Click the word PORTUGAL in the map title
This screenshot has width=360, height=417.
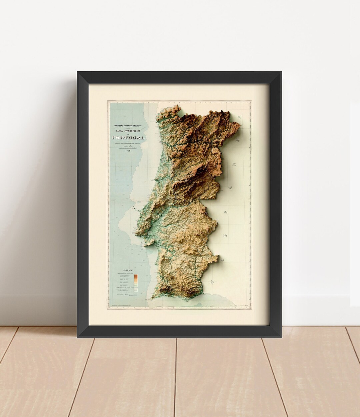[x=128, y=138]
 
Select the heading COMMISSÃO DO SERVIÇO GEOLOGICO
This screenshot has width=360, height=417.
[x=128, y=126]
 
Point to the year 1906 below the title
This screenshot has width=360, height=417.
[x=128, y=151]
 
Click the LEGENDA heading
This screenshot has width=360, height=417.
[x=128, y=270]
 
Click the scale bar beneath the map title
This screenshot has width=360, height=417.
[x=128, y=147]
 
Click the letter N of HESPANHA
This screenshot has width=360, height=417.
[x=234, y=164]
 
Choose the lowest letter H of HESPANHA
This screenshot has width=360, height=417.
[x=212, y=282]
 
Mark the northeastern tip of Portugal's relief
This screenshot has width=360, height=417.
[x=240, y=125]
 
